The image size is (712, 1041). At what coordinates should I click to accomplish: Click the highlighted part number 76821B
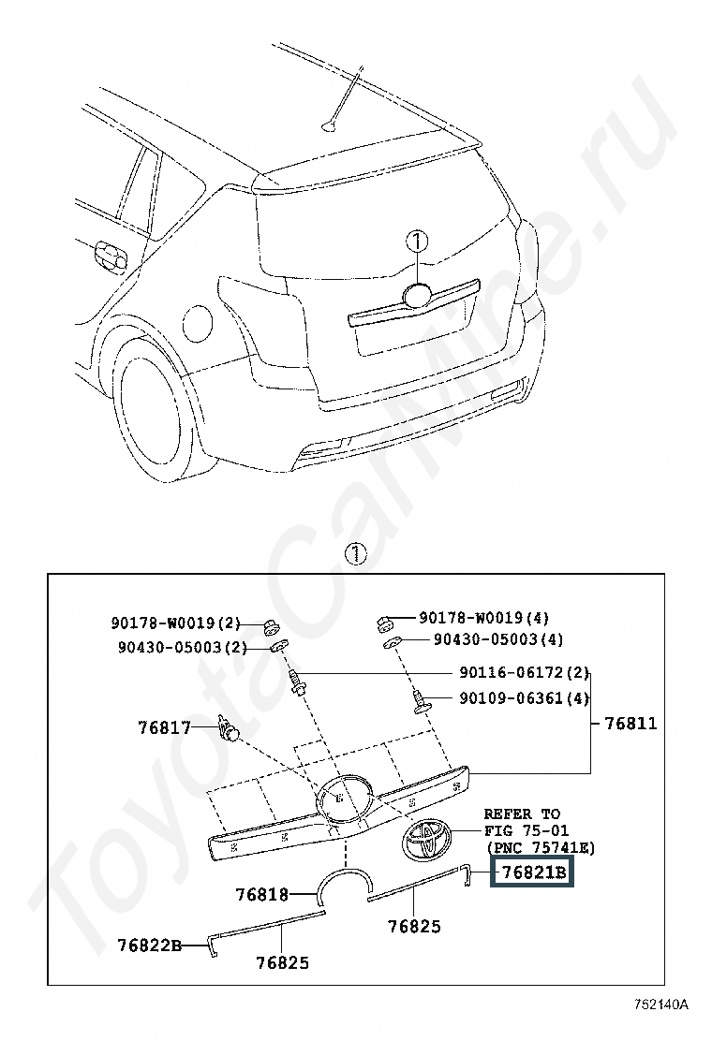pyautogui.click(x=533, y=872)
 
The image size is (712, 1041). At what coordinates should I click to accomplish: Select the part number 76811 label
pyautogui.click(x=630, y=723)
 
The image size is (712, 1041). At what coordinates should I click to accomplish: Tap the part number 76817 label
pyautogui.click(x=165, y=727)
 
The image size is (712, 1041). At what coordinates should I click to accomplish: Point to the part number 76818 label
pyautogui.click(x=262, y=894)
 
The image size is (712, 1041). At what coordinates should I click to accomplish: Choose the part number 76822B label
pyautogui.click(x=150, y=944)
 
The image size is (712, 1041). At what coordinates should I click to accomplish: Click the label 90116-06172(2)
pyautogui.click(x=524, y=672)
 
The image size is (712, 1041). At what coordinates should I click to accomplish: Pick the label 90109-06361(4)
pyautogui.click(x=524, y=698)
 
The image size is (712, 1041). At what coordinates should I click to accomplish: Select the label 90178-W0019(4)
pyautogui.click(x=483, y=618)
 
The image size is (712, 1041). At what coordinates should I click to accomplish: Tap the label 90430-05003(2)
pyautogui.click(x=183, y=647)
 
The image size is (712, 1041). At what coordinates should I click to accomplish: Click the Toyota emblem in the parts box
pyautogui.click(x=426, y=839)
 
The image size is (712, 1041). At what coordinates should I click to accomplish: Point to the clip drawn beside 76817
pyautogui.click(x=228, y=728)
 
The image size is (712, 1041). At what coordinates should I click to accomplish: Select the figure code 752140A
pyautogui.click(x=660, y=1004)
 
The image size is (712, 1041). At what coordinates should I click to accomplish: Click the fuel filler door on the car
pyautogui.click(x=198, y=323)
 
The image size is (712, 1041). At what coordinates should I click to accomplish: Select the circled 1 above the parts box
pyautogui.click(x=356, y=553)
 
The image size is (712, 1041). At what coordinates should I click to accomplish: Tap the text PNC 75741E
pyautogui.click(x=540, y=848)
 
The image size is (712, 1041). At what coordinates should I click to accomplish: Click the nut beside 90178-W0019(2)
pyautogui.click(x=271, y=625)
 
